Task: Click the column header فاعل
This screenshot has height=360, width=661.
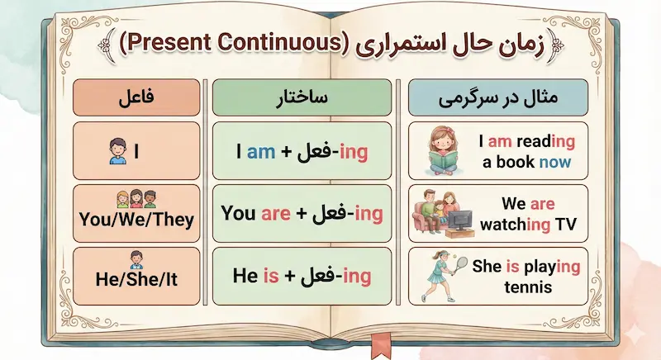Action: coord(136,97)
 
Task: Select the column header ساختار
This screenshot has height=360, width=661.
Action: coord(302,97)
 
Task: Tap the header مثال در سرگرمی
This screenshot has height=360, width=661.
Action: coord(496,97)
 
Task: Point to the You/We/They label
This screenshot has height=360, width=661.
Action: coord(136,220)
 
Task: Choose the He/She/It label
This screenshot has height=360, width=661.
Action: coord(136,278)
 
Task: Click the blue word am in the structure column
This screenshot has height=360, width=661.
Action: coord(260,152)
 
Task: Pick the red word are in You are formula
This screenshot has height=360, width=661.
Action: coord(276,214)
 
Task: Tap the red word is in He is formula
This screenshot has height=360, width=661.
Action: coord(270,276)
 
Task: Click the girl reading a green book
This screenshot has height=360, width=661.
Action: coord(443,152)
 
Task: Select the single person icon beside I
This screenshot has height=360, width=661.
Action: coord(116,150)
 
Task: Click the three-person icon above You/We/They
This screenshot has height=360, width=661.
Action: coord(136,199)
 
